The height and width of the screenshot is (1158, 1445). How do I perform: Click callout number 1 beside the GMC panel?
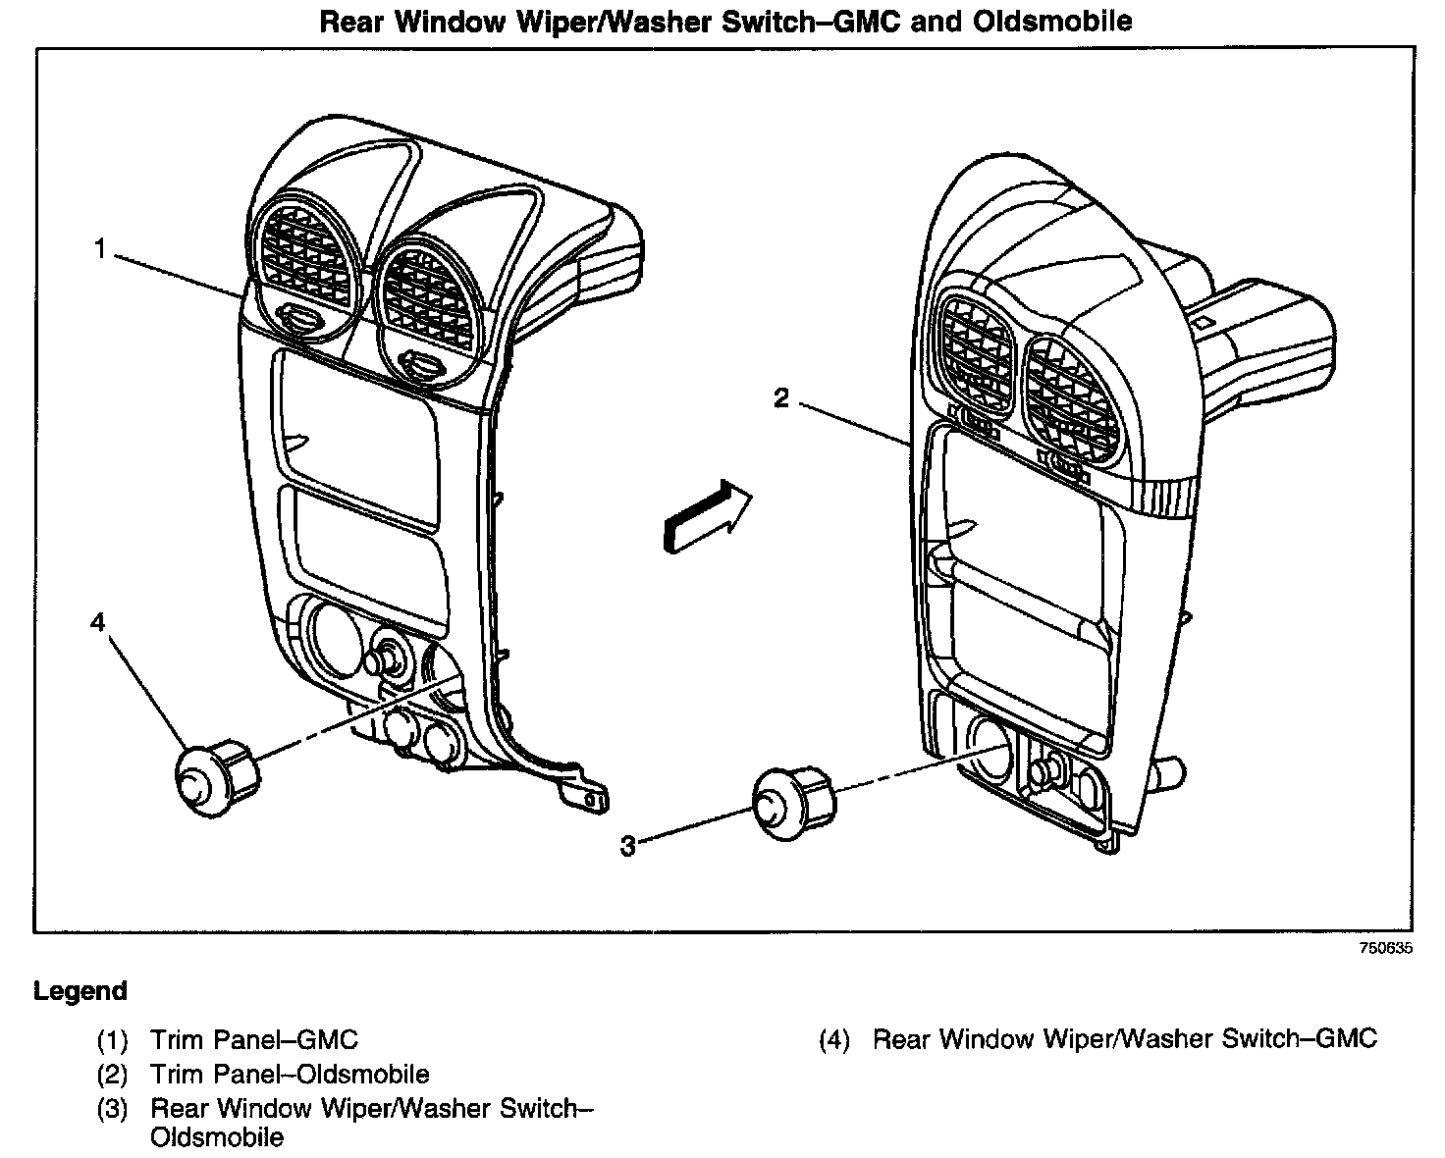tap(99, 249)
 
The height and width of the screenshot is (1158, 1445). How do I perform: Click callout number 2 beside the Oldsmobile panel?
tap(781, 398)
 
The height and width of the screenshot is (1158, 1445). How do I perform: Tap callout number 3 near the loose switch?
tap(628, 845)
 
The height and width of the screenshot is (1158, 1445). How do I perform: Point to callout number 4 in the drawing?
tap(97, 622)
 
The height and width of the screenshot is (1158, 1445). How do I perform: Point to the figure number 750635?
tap(1385, 949)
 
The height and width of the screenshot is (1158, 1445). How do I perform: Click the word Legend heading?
tap(80, 991)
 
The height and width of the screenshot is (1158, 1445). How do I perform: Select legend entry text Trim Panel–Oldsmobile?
tap(290, 1074)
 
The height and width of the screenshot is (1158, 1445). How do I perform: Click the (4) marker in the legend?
tap(833, 1039)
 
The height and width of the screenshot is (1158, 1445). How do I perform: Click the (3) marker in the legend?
tap(112, 1109)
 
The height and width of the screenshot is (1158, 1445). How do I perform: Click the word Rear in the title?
tap(353, 22)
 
